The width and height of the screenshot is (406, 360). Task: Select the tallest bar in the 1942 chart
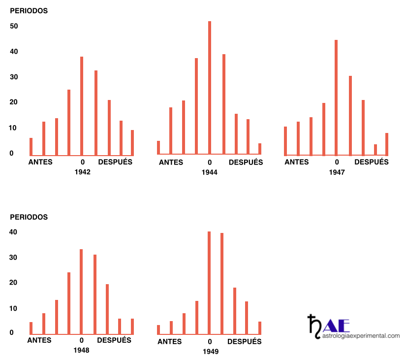click(82, 105)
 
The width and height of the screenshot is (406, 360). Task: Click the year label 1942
click(82, 172)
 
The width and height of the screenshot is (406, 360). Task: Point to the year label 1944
click(210, 172)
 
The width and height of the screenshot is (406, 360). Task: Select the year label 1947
click(337, 172)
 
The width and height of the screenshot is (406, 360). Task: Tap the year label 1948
click(81, 350)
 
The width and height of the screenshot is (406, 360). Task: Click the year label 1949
click(210, 352)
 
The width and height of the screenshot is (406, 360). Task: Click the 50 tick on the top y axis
click(14, 26)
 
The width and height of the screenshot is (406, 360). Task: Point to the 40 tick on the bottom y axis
click(13, 232)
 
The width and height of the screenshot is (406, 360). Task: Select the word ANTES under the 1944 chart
click(171, 163)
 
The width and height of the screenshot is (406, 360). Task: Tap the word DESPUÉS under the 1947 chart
click(372, 162)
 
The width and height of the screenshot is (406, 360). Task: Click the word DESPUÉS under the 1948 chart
click(114, 340)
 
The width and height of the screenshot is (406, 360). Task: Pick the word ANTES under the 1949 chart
click(170, 342)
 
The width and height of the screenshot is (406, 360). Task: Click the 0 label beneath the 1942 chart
click(83, 162)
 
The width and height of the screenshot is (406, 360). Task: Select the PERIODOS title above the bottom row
click(29, 217)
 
